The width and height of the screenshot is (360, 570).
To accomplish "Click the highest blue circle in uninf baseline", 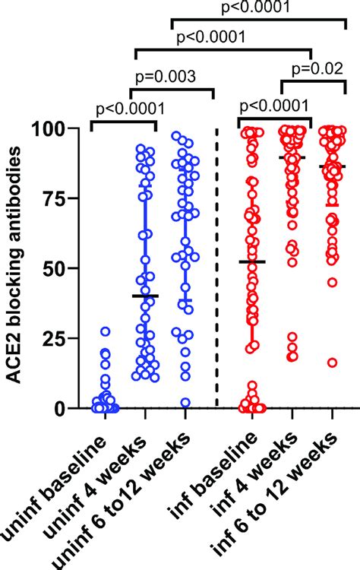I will pos(106,331).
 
